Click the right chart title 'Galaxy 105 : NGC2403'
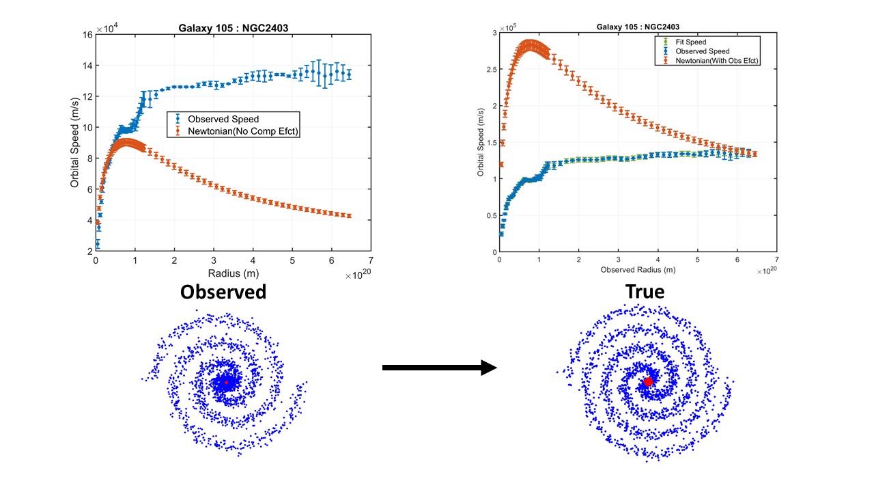click(638, 27)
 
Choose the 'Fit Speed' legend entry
click(690, 41)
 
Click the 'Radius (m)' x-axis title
click(232, 274)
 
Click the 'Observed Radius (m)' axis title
click(638, 270)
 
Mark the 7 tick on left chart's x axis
click(371, 261)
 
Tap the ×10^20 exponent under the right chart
click(767, 271)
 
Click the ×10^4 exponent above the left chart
click(107, 28)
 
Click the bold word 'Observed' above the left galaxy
click(223, 292)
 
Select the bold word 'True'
click(645, 292)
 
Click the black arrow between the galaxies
click(439, 368)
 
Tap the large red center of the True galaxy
click(647, 382)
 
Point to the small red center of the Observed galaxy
click(225, 383)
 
